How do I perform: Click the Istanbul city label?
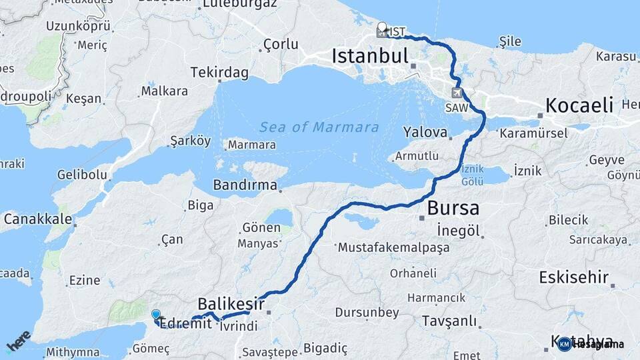point(370,56)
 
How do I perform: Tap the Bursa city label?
point(453,208)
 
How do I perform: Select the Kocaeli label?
point(579,105)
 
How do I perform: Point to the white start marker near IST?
point(381,28)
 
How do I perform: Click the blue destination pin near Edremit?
point(156,315)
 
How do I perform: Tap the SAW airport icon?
point(456,93)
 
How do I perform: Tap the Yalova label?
point(425,132)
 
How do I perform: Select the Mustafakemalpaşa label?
point(393,247)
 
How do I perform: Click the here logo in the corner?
point(19,341)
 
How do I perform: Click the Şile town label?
point(510,42)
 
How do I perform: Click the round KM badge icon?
point(565,344)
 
